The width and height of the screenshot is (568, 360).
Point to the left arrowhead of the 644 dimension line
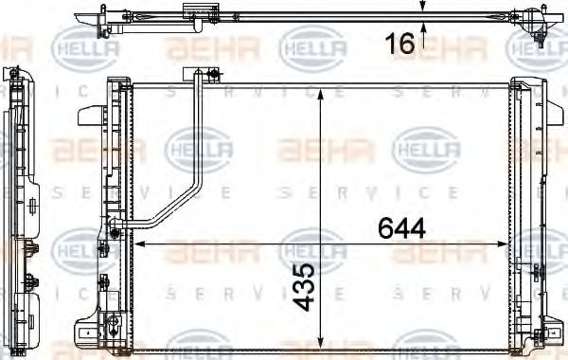(143, 244)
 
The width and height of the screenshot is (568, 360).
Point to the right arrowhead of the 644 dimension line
(506, 244)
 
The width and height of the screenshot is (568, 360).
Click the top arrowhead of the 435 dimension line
(322, 87)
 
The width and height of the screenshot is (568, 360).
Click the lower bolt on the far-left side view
(30, 281)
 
